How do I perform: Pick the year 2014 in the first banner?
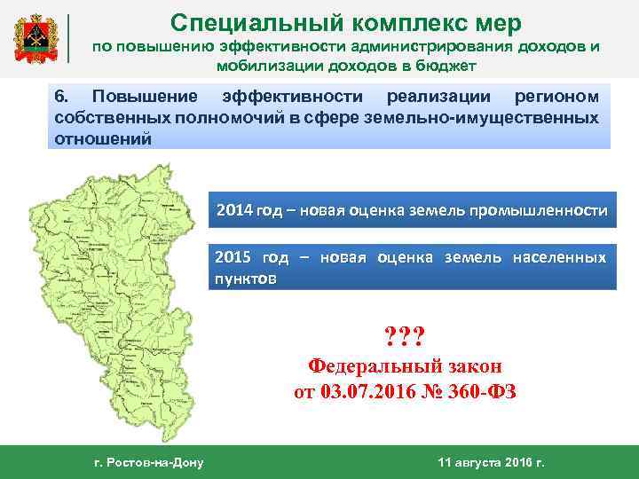234,211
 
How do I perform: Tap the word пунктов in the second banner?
246,278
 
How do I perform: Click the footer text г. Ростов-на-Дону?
148,462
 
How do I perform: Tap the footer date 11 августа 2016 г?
491,462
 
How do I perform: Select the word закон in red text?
469,365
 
